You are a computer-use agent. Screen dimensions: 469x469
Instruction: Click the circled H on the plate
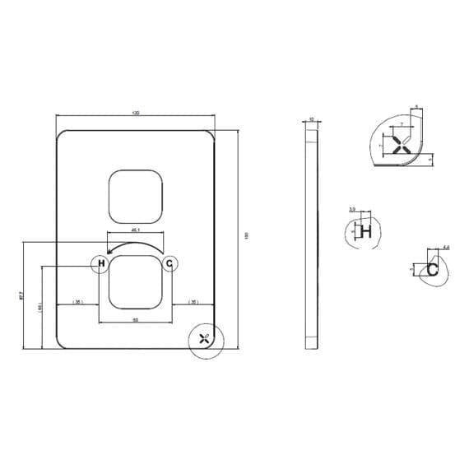point(100,263)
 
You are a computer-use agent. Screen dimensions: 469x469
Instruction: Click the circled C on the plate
point(169,263)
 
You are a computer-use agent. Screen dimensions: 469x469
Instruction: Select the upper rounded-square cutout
point(135,197)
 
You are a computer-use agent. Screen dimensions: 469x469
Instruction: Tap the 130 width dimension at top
point(135,113)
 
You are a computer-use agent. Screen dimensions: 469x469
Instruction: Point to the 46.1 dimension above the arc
point(136,230)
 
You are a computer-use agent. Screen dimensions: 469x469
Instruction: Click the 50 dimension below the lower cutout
point(135,319)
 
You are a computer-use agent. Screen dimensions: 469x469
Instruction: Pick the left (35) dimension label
point(78,303)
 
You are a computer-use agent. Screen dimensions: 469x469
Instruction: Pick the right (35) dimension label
point(193,303)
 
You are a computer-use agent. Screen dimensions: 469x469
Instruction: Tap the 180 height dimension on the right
point(246,235)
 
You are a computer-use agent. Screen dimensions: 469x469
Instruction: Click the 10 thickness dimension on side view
point(310,118)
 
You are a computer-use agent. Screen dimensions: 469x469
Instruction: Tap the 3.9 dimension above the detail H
point(352,211)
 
